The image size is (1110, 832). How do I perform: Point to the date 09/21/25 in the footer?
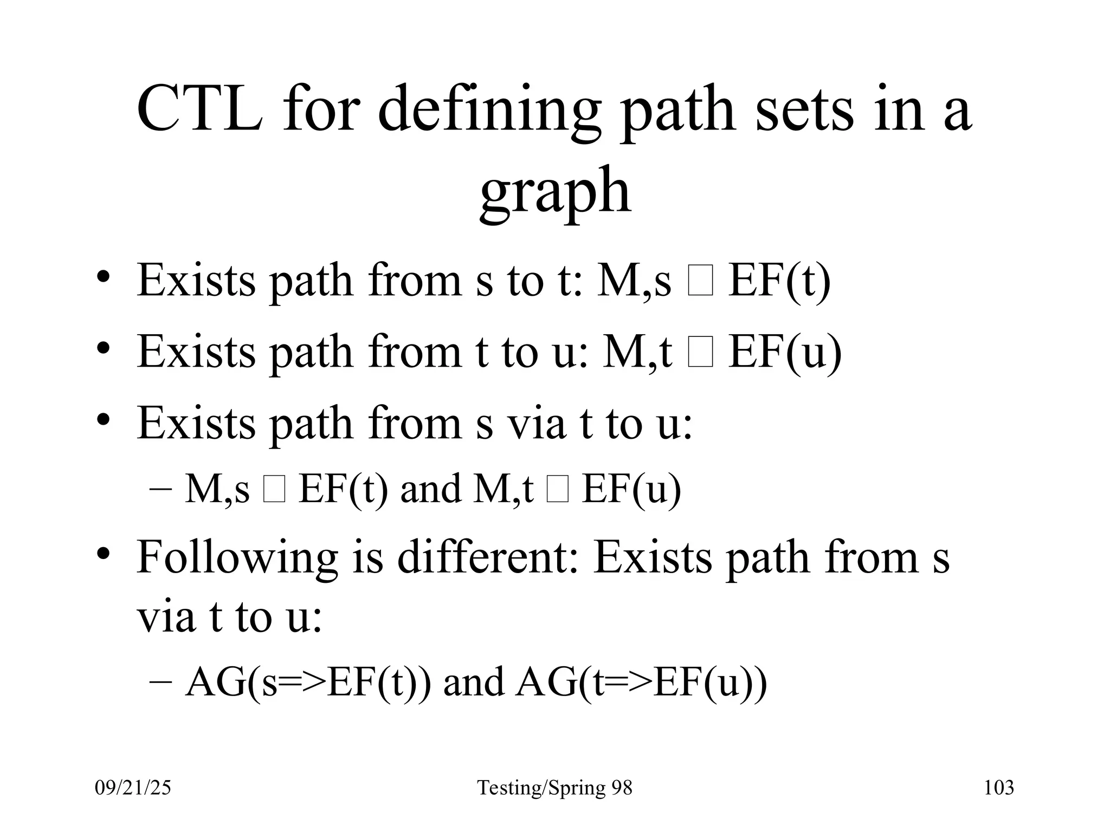tap(133, 788)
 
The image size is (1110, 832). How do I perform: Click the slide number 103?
tap(998, 788)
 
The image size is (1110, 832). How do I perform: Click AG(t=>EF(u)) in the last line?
tap(642, 682)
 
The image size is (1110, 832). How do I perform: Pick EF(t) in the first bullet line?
tap(779, 282)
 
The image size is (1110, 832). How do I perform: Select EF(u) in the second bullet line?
tap(784, 353)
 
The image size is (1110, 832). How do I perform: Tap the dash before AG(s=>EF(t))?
tap(160, 682)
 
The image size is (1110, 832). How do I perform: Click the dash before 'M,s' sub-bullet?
tap(160, 488)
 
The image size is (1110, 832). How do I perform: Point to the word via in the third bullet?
tap(536, 422)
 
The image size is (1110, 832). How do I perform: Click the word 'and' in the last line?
tap(473, 682)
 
